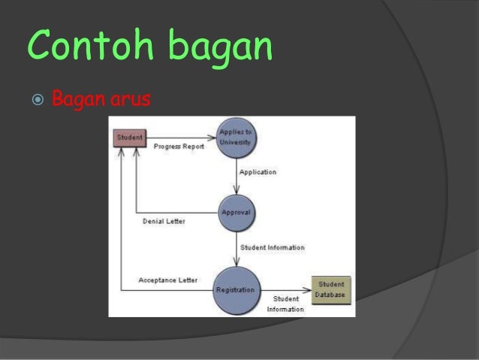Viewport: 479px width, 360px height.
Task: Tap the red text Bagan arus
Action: click(101, 99)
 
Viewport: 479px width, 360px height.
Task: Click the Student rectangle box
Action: click(129, 138)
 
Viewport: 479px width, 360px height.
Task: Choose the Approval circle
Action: click(236, 213)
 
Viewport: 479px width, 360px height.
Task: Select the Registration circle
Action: click(236, 289)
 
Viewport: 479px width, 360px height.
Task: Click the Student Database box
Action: click(331, 289)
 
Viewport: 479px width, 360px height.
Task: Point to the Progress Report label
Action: click(179, 147)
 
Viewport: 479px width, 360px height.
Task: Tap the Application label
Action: click(258, 172)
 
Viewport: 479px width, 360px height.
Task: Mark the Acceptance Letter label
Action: click(168, 280)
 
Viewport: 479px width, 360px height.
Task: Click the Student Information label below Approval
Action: click(272, 247)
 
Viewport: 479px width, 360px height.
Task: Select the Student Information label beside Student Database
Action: click(285, 304)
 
